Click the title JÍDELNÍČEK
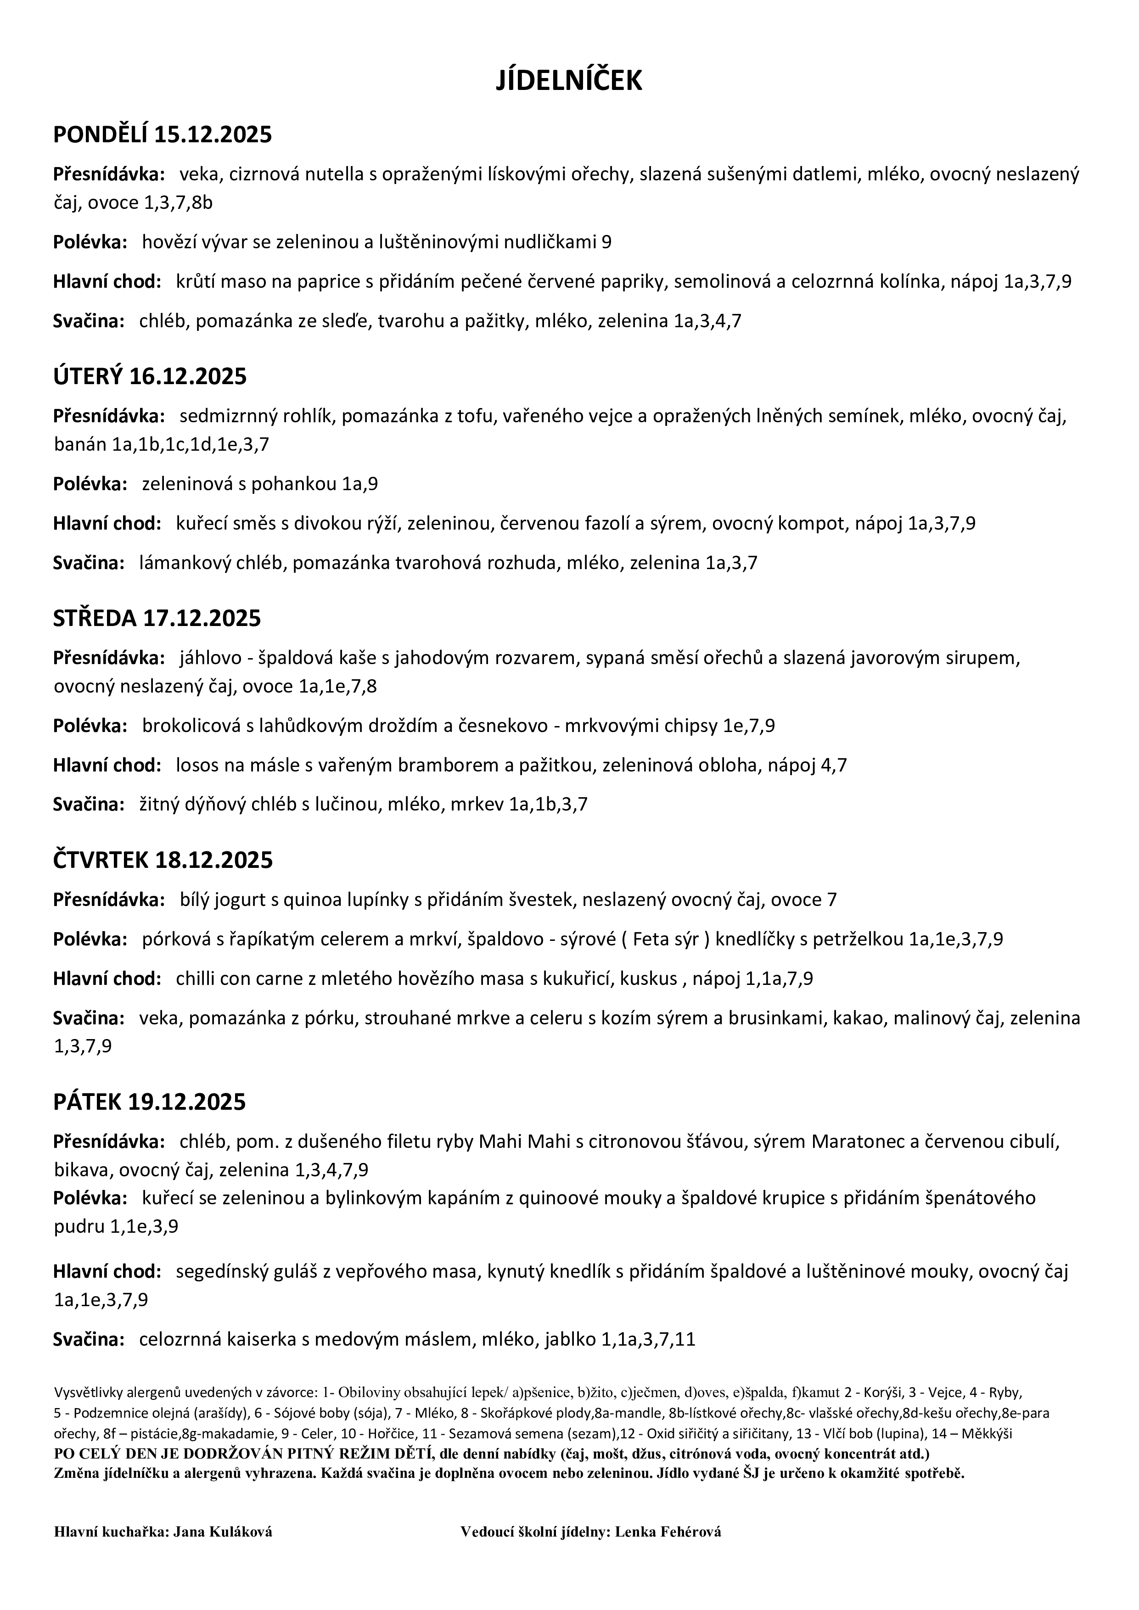(569, 81)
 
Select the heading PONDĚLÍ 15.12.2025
(162, 134)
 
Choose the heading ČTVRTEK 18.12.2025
(163, 861)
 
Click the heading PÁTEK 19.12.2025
(149, 1102)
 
